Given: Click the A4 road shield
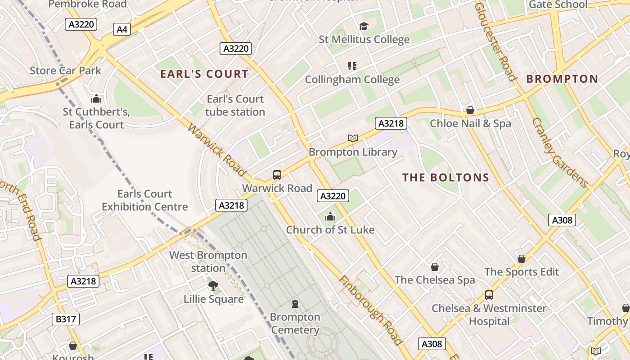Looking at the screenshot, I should tap(122, 30).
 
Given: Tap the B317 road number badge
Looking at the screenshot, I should tap(66, 319).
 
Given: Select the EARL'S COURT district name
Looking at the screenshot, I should tap(204, 74).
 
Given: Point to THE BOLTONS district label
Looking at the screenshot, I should tap(445, 177).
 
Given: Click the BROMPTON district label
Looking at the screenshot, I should tap(562, 79).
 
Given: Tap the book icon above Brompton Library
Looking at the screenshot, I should tap(353, 138).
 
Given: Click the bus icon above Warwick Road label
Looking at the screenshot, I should tap(277, 175).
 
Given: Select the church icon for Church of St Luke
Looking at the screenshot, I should tap(330, 217).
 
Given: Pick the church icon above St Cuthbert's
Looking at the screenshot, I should tap(96, 99).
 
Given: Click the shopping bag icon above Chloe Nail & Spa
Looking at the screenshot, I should tap(470, 110).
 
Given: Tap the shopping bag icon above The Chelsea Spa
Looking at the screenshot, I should tap(435, 267).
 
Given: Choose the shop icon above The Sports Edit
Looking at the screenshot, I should tap(521, 259).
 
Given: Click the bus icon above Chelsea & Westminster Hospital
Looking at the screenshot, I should tap(489, 295).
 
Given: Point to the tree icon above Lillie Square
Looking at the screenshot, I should tap(213, 286).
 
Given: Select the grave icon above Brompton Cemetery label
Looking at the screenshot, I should tap(295, 304).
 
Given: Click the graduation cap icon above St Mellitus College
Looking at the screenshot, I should tap(364, 27).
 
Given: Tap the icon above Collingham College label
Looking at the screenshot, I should tap(352, 66).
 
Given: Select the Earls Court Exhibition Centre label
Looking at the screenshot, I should tap(144, 200).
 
